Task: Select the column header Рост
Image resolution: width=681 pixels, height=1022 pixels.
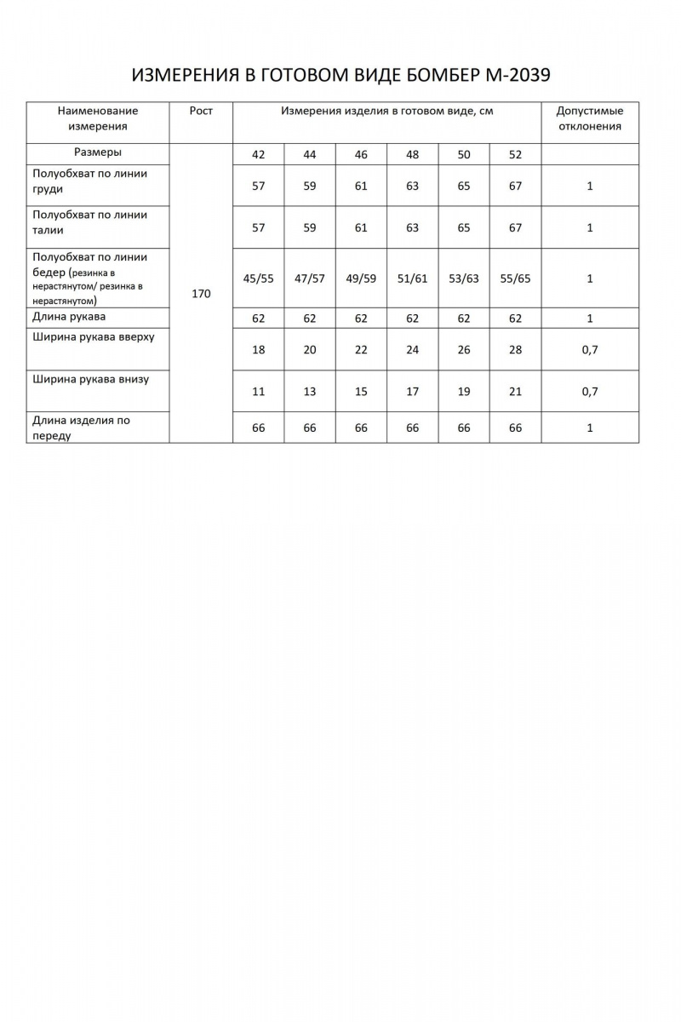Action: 202,111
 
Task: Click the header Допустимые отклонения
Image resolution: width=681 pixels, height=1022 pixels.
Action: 589,118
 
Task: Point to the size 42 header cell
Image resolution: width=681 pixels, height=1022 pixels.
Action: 259,155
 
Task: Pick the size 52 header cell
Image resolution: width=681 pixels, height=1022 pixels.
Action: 515,155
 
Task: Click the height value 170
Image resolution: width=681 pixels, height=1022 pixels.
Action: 202,294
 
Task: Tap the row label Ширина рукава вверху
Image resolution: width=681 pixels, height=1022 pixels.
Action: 94,337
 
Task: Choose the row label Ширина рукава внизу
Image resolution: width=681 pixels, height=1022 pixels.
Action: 90,379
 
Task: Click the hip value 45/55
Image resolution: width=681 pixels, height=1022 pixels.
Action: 259,278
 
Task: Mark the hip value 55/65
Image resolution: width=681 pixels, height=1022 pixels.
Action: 515,278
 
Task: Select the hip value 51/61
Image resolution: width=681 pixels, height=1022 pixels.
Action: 413,278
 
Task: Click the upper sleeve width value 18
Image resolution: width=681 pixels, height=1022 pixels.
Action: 259,350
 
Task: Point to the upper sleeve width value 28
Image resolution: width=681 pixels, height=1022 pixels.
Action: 515,350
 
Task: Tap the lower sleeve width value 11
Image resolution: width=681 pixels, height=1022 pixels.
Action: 259,392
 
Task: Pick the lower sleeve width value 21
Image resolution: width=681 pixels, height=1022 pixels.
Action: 515,392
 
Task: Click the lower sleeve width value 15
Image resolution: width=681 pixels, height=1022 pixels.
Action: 361,392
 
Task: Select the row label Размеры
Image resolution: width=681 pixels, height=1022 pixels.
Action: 98,152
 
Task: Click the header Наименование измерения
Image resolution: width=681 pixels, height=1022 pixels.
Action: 98,118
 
